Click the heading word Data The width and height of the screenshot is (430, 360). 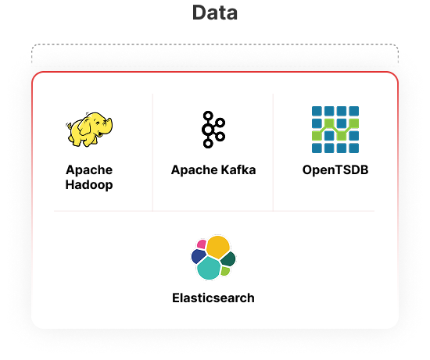point(215,12)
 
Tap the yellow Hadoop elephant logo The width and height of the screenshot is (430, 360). point(89,129)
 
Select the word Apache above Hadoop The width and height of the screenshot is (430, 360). point(89,170)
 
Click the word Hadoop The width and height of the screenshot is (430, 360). point(89,184)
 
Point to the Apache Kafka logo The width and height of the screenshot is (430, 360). point(213,130)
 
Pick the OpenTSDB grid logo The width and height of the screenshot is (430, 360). point(335,130)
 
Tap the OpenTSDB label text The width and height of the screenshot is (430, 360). point(335,170)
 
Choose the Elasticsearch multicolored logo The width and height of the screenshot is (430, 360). point(213,258)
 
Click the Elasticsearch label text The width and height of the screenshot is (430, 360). point(213,298)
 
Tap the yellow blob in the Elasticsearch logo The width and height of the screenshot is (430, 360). point(218,247)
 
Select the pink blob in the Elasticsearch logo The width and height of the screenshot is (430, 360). point(202,244)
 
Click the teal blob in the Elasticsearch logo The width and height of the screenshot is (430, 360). point(209,268)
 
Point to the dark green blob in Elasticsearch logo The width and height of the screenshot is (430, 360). point(228,259)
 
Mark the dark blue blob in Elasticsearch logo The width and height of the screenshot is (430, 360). point(199,256)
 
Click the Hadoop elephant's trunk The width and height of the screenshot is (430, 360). point(109,127)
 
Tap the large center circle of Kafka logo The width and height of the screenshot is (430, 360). point(208,130)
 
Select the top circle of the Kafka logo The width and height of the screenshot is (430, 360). point(208,116)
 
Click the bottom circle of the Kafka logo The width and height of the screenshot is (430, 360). point(208,143)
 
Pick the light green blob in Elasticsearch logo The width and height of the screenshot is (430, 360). point(225,271)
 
